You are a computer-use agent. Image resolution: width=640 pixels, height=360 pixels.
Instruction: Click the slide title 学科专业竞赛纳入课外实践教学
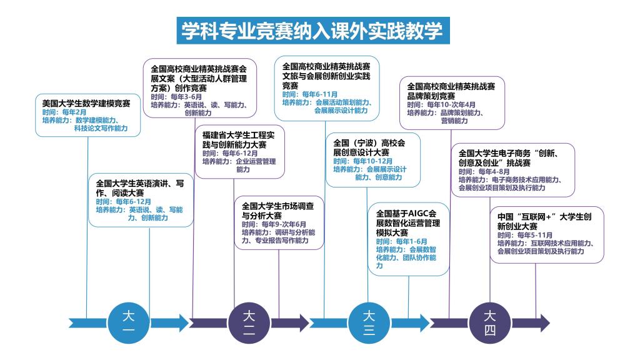coord(312,30)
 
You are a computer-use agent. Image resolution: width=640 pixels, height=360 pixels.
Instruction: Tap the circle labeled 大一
coord(129,323)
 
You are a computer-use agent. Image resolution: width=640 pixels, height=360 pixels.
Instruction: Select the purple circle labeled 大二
coord(249,323)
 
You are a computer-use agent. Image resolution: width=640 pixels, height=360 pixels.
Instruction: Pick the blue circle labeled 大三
coord(369,323)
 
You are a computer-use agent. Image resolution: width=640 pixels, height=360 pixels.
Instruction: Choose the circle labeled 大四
coord(490,323)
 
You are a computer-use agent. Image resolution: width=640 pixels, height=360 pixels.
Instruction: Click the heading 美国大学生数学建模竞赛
coord(86,103)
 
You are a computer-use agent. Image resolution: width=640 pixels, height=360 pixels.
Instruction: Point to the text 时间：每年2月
coord(64,112)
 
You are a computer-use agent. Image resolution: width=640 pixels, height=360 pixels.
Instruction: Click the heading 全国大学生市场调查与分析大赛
coord(277,211)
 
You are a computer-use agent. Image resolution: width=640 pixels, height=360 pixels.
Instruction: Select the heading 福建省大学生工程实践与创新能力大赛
coord(238,139)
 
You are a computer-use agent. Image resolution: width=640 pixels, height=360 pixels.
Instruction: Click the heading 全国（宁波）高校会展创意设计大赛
coord(369,147)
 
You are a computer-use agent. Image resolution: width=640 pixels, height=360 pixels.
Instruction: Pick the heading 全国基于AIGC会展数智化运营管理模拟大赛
coord(407,223)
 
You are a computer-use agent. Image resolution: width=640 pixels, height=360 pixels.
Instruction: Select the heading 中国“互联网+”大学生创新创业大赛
coord(544,221)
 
